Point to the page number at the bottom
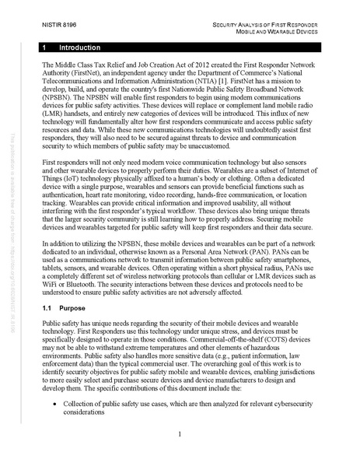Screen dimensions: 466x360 point(180,433)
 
